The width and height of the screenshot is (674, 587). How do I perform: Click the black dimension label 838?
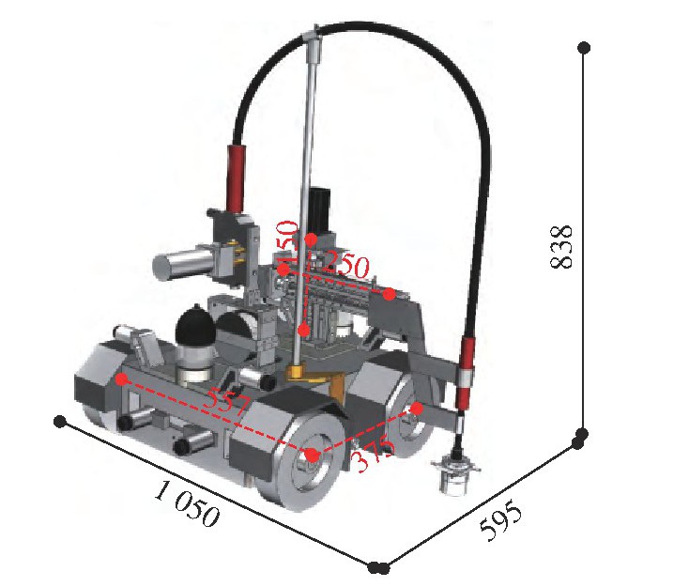tap(561, 246)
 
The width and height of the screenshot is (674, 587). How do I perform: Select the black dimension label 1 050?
tap(187, 503)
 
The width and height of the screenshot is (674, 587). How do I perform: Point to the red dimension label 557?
tap(226, 403)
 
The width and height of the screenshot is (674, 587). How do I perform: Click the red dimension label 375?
tap(373, 456)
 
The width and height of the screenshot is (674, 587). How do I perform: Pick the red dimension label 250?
tap(345, 265)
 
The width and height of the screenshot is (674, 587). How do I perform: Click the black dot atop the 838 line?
tap(584, 48)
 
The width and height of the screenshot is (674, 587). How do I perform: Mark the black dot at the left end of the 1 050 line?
tap(60, 422)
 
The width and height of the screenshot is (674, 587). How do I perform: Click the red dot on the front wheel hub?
tap(313, 455)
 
